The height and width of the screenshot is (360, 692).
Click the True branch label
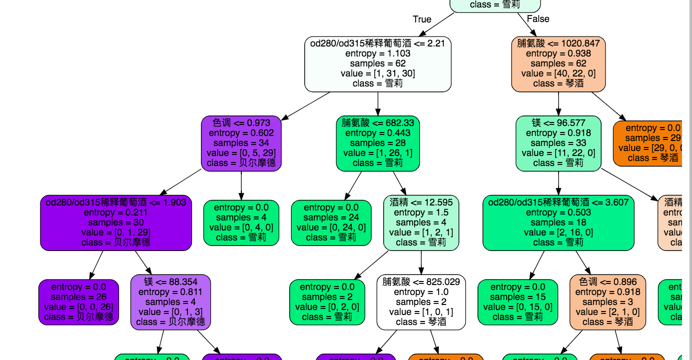point(422,19)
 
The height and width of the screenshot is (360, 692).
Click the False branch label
point(538,19)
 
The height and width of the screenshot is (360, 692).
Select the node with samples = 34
point(241,142)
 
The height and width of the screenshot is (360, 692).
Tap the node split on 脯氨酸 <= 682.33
point(378,142)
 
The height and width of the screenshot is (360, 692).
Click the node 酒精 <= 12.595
point(421,222)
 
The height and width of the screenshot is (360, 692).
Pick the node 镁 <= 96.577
point(558,142)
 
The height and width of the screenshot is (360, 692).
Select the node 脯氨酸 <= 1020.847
point(558,63)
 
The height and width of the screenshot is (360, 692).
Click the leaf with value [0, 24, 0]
point(331,222)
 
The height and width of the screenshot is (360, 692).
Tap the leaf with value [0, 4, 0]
point(241,222)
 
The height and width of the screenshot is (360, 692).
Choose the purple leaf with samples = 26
point(78,301)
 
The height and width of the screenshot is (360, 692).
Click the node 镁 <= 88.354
point(170,301)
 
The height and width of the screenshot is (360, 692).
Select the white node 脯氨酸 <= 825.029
point(421,301)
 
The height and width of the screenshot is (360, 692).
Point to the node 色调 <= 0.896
point(608,301)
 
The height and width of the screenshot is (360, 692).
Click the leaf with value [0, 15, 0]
point(518,301)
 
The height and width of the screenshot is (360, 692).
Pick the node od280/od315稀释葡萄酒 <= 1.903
point(116,222)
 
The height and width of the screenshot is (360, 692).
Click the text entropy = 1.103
point(378,53)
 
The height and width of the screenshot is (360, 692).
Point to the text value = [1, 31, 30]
point(378,73)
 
